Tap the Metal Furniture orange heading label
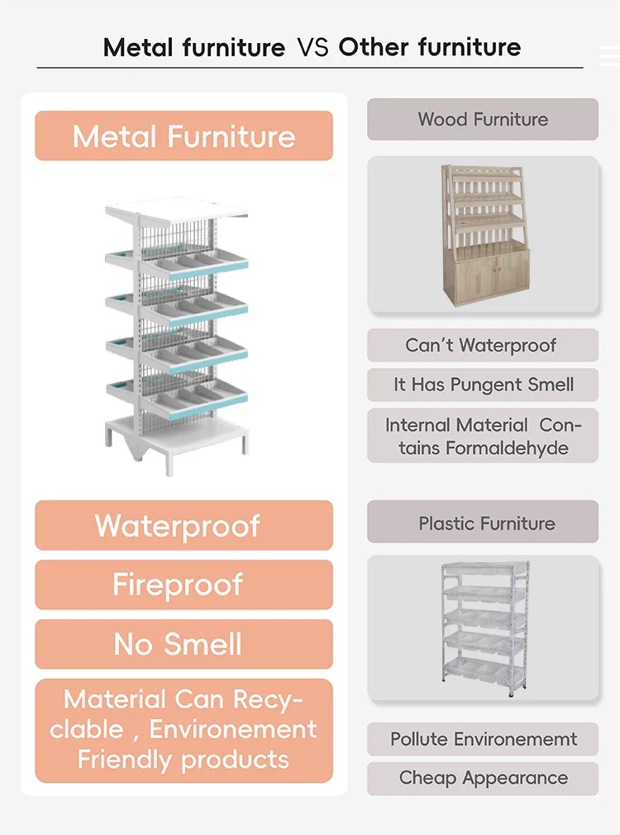click(184, 136)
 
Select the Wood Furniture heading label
click(483, 119)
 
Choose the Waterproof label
click(184, 526)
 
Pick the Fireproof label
click(184, 585)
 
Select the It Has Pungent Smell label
click(484, 385)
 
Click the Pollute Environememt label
click(484, 739)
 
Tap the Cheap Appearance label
click(484, 778)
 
